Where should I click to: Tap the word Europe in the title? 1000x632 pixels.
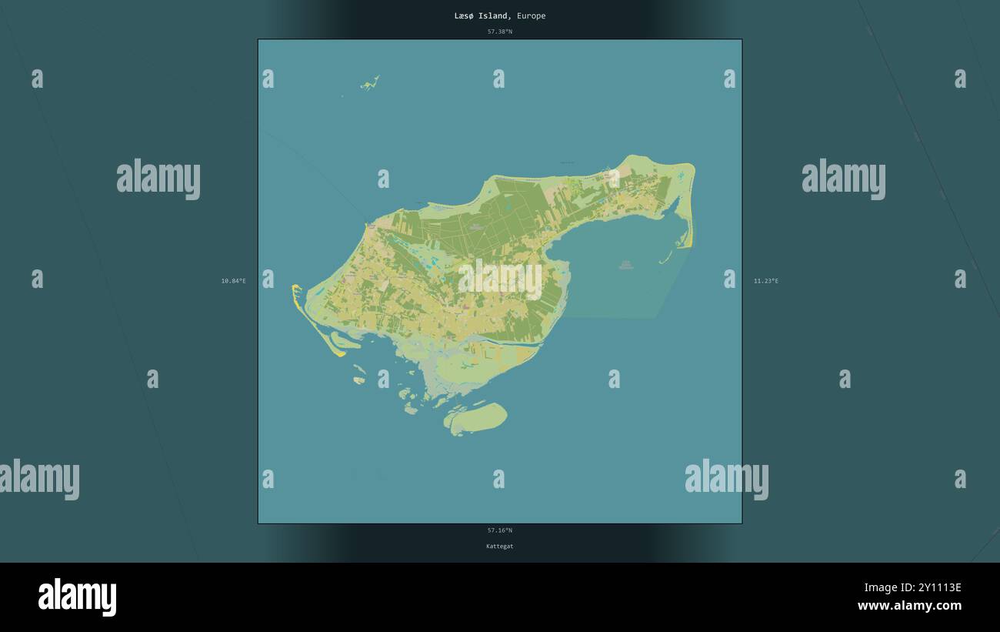click(532, 15)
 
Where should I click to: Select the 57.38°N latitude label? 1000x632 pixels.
click(499, 32)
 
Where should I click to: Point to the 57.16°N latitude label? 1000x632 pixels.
click(499, 530)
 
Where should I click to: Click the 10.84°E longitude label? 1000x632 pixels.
click(233, 281)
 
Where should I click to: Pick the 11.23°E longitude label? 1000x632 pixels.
click(765, 281)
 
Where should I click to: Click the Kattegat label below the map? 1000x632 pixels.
click(499, 546)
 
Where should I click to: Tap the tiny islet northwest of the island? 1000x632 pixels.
click(370, 83)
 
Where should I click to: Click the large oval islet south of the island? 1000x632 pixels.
click(477, 417)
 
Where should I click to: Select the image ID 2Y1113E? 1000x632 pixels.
click(934, 588)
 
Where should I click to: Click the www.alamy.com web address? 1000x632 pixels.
click(909, 606)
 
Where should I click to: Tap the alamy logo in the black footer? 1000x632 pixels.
click(77, 597)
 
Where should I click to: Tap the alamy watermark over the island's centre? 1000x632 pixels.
click(499, 279)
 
